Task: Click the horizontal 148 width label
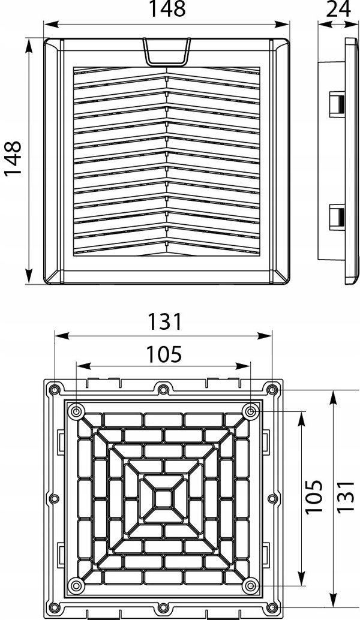point(167,9)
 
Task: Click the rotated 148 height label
point(13,158)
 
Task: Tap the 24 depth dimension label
point(338,9)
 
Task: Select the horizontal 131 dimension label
point(164,322)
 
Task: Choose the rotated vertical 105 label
point(314,496)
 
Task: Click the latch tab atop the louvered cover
point(167,52)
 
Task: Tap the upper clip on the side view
point(337,104)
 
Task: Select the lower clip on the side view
point(337,217)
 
